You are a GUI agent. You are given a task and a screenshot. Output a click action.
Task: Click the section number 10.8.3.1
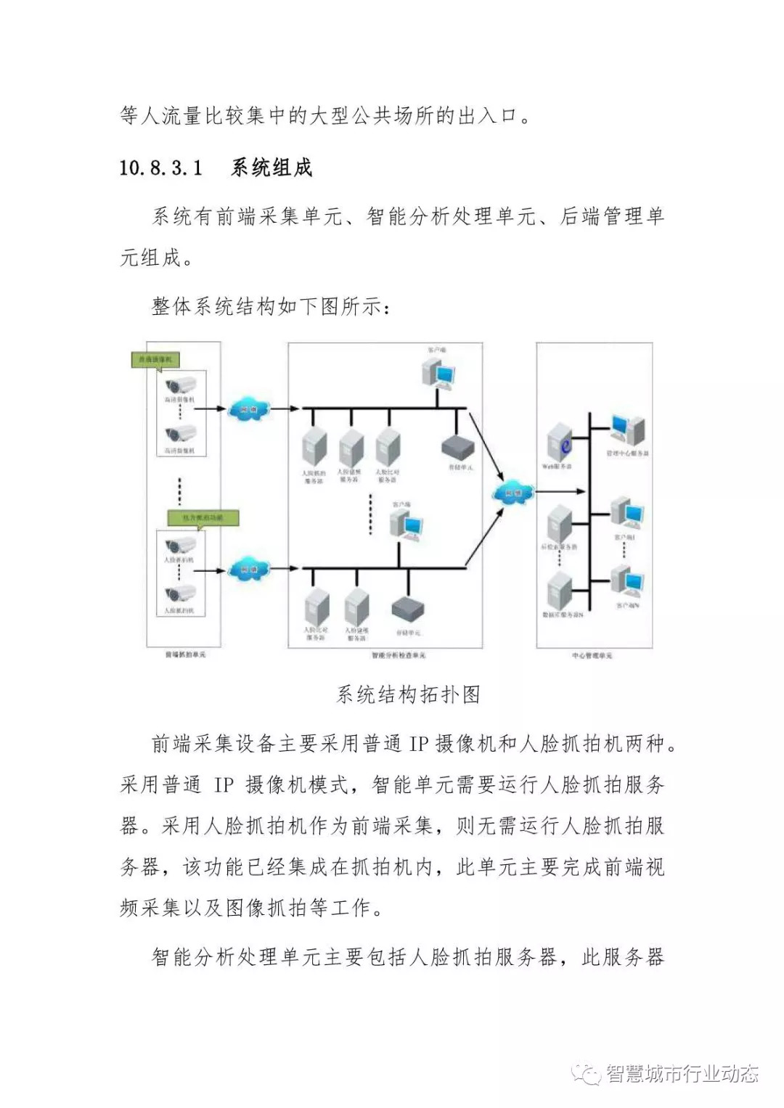click(x=160, y=168)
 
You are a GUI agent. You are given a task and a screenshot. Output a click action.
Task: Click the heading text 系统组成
click(x=271, y=168)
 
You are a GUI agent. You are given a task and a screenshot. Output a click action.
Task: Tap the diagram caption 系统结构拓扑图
click(x=409, y=694)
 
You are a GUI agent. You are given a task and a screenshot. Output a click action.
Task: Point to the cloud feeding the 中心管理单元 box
click(x=513, y=493)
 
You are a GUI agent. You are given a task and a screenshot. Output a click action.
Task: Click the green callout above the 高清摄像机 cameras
click(x=155, y=359)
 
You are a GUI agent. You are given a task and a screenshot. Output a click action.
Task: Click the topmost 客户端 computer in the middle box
click(x=439, y=373)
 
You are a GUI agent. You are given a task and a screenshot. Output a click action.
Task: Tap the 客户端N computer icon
click(x=626, y=580)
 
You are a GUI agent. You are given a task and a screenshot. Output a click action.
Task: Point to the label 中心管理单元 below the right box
click(x=592, y=655)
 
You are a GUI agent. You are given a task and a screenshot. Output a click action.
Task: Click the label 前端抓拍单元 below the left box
click(x=185, y=654)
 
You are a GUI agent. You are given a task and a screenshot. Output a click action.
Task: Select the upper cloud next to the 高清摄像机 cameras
click(x=248, y=409)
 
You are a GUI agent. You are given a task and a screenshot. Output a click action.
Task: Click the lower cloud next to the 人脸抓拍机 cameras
click(x=248, y=570)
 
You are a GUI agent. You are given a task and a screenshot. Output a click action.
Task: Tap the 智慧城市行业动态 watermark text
click(x=682, y=1074)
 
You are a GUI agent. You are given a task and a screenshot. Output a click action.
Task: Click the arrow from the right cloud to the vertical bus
click(x=562, y=492)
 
